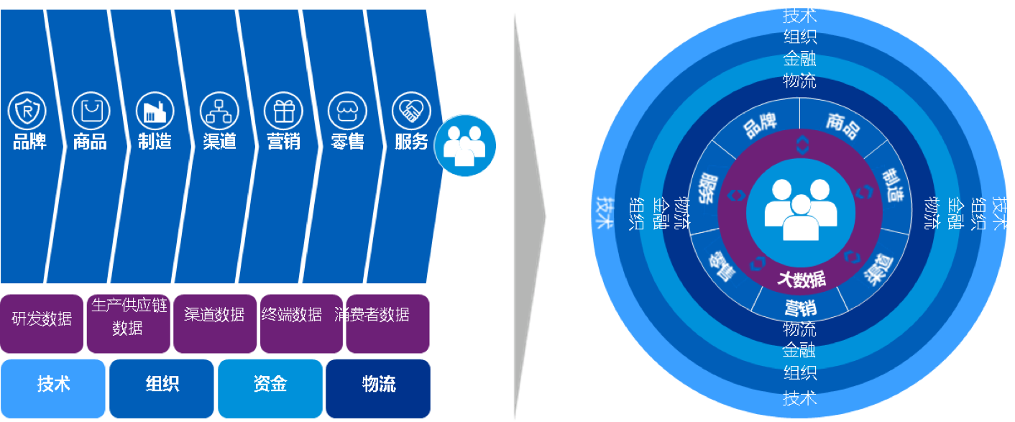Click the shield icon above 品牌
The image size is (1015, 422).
[x=27, y=111]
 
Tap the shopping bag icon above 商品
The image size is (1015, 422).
[x=91, y=111]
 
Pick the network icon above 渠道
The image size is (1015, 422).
[x=219, y=111]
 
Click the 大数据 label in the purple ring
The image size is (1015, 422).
[x=801, y=279]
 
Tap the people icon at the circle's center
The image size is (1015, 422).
[x=800, y=209]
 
